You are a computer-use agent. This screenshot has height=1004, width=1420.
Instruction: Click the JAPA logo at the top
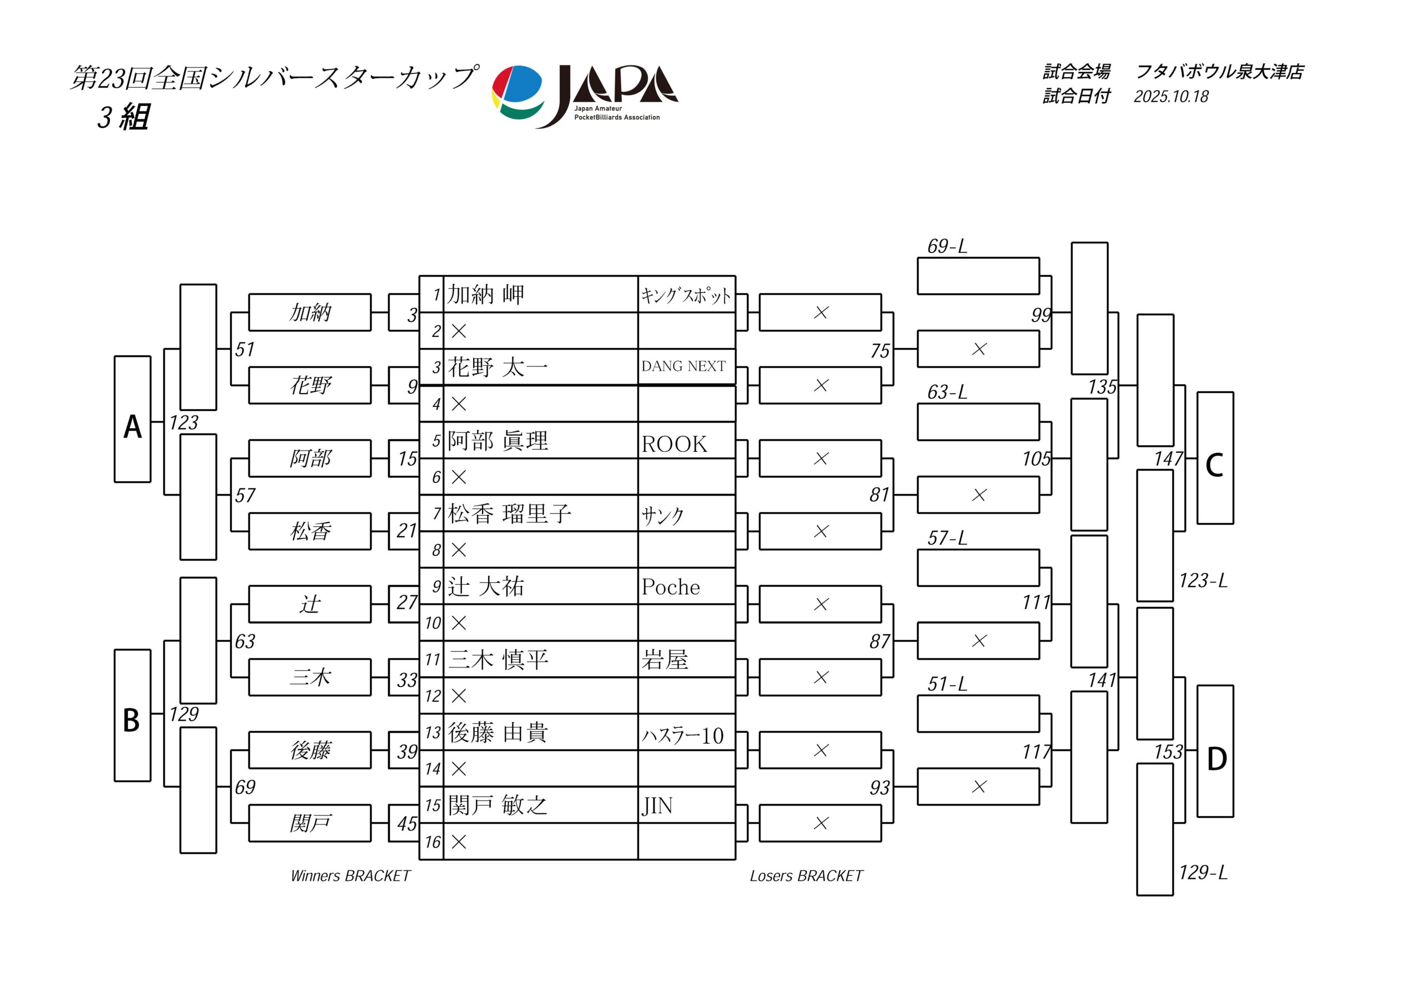click(585, 96)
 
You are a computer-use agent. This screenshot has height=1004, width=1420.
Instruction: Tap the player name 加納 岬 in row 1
click(486, 295)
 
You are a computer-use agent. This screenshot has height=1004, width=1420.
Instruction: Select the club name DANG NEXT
click(683, 366)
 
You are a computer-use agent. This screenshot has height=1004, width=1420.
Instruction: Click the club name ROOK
click(674, 445)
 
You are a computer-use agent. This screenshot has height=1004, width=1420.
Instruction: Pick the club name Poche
click(671, 587)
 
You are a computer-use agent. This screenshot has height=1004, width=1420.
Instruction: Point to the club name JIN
click(657, 806)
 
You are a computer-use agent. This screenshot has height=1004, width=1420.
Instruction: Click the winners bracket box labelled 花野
click(310, 386)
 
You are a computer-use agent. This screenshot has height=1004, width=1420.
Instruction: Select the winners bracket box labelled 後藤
click(310, 751)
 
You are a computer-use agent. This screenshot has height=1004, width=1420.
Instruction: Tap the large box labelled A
click(133, 419)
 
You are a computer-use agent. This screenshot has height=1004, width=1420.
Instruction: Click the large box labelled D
click(1215, 751)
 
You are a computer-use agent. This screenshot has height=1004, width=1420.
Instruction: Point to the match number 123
click(184, 423)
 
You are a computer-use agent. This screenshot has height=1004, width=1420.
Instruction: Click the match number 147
click(1168, 458)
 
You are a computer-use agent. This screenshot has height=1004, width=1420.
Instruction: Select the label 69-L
click(947, 247)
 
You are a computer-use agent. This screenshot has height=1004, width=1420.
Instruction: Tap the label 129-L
click(1203, 872)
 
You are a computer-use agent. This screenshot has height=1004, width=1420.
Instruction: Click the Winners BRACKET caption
click(351, 876)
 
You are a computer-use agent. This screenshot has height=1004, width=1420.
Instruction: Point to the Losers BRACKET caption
click(806, 876)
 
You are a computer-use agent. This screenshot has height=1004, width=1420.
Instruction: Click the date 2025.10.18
click(1171, 96)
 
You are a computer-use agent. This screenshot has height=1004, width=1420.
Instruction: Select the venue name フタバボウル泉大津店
click(1220, 72)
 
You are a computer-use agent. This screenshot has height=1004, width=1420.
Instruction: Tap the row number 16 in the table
click(432, 842)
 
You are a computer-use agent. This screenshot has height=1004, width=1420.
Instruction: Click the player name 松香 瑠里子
click(510, 514)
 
